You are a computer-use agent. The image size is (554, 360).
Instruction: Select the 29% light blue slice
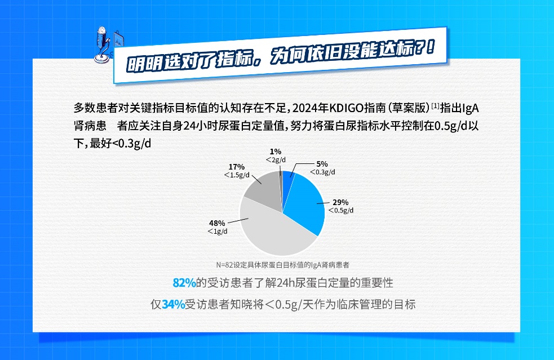304,203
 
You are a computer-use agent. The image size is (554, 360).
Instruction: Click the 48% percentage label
217,223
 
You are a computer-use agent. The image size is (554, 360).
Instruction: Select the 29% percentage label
340,202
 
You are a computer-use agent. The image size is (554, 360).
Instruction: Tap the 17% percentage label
237,167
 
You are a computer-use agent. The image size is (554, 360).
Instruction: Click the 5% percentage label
322,164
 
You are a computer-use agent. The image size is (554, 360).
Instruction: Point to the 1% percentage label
275,152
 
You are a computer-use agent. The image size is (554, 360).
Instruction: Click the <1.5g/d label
237,175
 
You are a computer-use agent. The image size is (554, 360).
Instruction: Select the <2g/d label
276,160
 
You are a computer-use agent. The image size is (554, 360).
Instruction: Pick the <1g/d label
217,232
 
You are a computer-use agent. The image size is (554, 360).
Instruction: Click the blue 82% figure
184,282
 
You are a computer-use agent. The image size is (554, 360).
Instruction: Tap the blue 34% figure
173,305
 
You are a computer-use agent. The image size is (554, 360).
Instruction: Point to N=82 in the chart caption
225,264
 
